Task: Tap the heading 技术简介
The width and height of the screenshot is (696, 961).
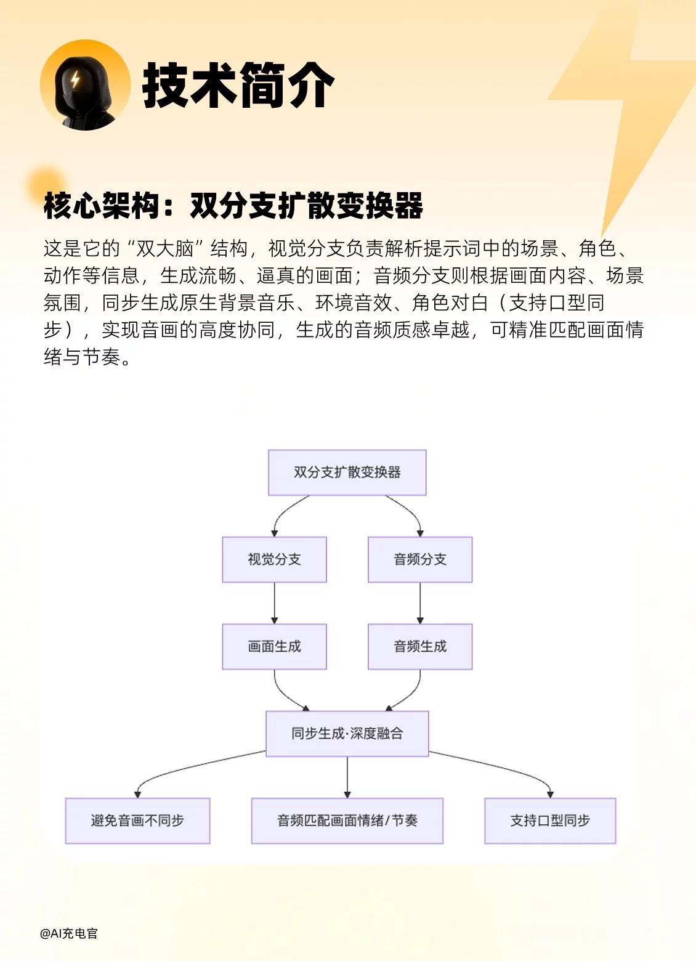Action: coord(238,86)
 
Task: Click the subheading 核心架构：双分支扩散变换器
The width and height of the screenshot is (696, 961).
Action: coord(233,205)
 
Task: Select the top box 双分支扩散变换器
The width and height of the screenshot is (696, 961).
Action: coord(347,472)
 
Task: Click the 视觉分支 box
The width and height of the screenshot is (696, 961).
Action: coord(274,559)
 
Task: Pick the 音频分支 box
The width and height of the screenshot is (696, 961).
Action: coord(420,559)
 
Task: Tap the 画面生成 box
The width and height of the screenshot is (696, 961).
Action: coord(274,646)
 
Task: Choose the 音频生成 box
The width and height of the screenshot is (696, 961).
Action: coord(420,646)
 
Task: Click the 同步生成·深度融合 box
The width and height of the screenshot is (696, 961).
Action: coord(347,733)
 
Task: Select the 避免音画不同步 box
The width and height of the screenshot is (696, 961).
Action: coord(137,821)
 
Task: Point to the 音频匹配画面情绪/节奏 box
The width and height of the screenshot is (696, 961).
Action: coord(347,821)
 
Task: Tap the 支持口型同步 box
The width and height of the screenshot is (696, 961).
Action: coord(550,821)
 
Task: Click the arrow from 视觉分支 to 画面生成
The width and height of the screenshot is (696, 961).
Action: coord(274,603)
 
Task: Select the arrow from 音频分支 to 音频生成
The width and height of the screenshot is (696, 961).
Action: coord(420,603)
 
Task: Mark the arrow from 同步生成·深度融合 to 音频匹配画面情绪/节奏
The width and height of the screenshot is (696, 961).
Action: coord(347,777)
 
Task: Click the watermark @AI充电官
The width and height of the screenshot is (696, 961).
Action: coord(68,933)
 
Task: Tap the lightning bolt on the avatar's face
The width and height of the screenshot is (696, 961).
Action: coord(75,80)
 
